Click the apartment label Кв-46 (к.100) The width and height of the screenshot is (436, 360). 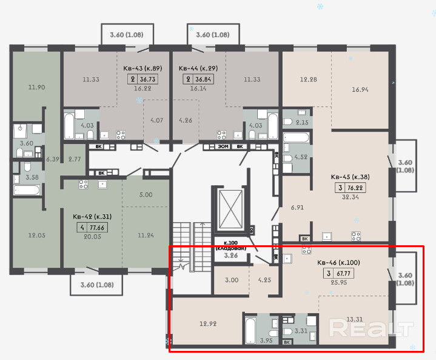tap(338, 262)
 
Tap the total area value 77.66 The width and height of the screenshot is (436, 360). tap(97, 228)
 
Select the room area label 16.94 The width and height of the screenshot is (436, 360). tap(360, 90)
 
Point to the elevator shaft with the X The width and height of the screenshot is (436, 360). tap(230, 209)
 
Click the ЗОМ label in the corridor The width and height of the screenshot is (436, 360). tap(223, 146)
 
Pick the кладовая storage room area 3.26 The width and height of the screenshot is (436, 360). tap(231, 256)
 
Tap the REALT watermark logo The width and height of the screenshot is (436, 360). tap(371, 328)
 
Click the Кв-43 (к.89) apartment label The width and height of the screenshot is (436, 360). tap(143, 68)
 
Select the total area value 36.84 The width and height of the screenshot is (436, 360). tap(203, 80)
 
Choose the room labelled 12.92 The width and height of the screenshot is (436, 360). tap(208, 324)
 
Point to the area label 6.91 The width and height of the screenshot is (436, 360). tap(297, 208)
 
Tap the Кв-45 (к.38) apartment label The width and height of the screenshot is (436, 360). tap(350, 177)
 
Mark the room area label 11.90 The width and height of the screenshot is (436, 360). tap(37, 87)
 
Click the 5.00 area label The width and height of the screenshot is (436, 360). tap(146, 195)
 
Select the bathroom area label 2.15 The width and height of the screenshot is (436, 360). tap(302, 122)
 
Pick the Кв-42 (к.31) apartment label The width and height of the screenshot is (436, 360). tap(92, 217)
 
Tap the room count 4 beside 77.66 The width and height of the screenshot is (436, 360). tap(82, 228)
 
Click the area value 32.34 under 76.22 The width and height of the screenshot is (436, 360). tap(350, 197)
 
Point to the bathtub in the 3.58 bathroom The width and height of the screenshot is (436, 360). tap(27, 191)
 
